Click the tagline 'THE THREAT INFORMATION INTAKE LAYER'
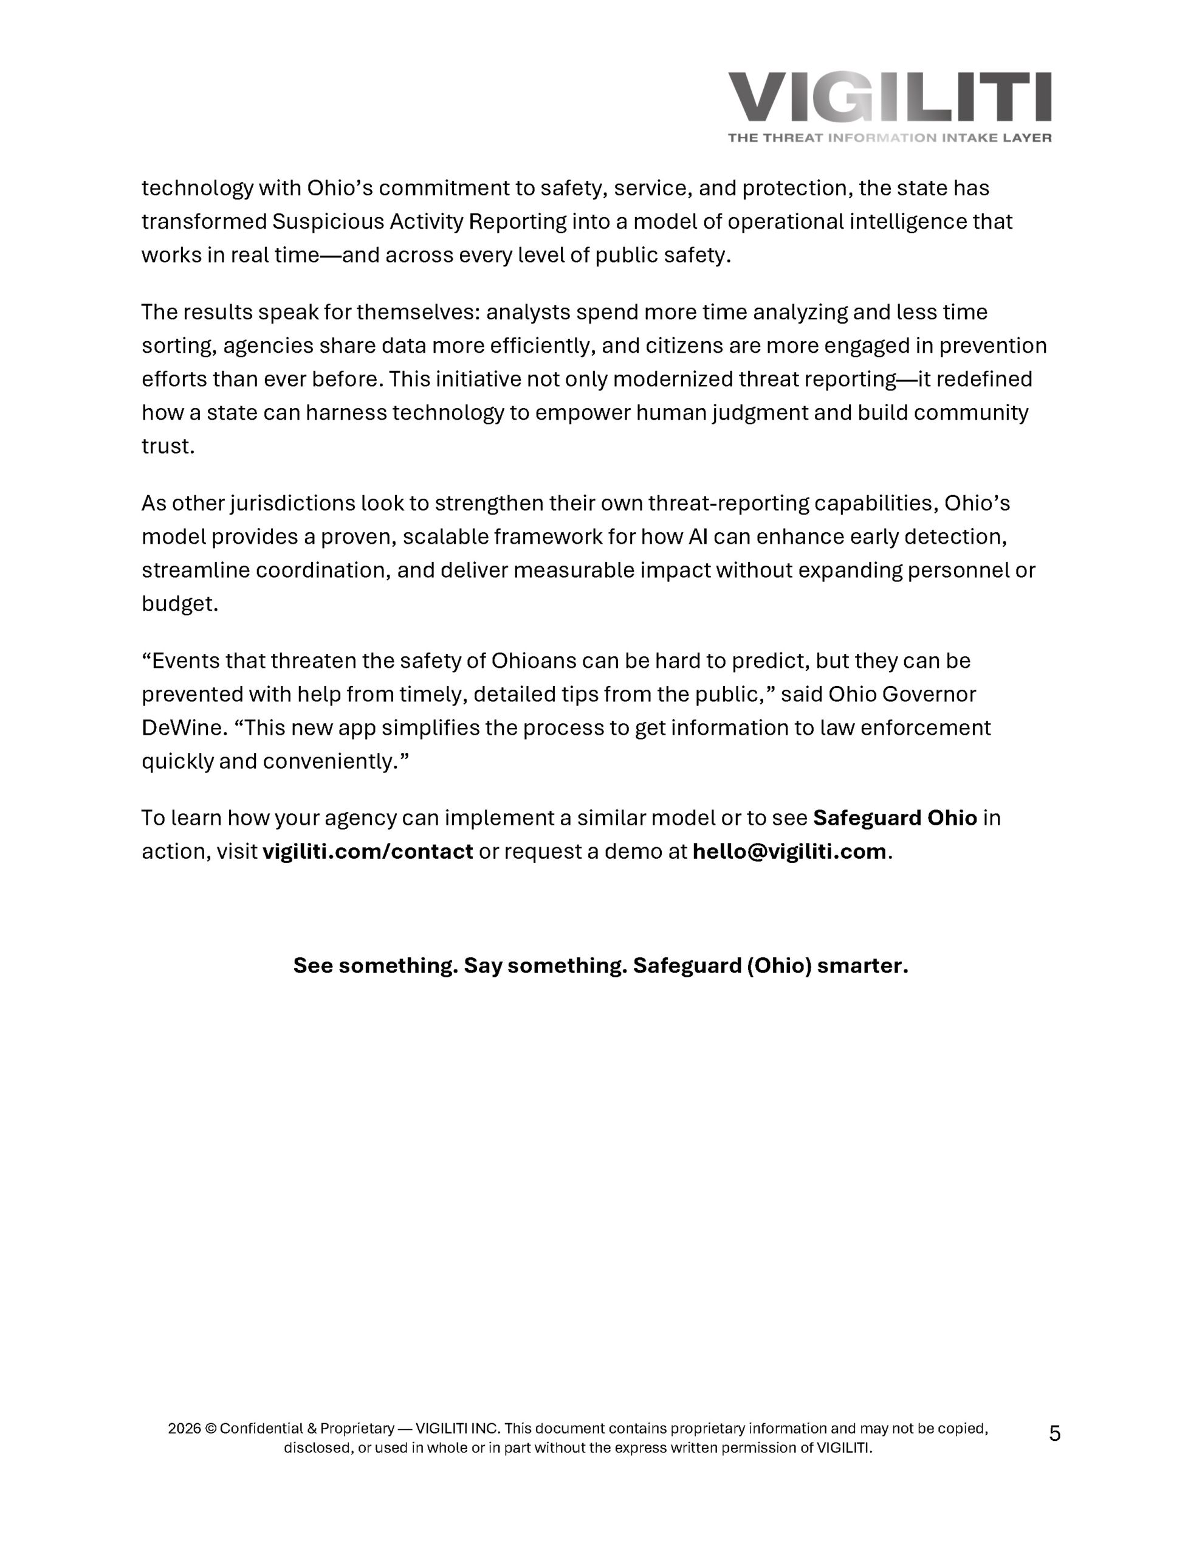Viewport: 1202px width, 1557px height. [x=888, y=137]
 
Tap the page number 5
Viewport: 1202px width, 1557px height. [x=1054, y=1433]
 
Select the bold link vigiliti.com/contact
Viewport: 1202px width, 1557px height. [x=368, y=851]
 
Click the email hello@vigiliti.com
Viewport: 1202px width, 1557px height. [x=789, y=851]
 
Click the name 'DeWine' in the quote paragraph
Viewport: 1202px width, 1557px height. [x=182, y=727]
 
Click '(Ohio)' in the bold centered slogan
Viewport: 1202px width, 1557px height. [x=779, y=965]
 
